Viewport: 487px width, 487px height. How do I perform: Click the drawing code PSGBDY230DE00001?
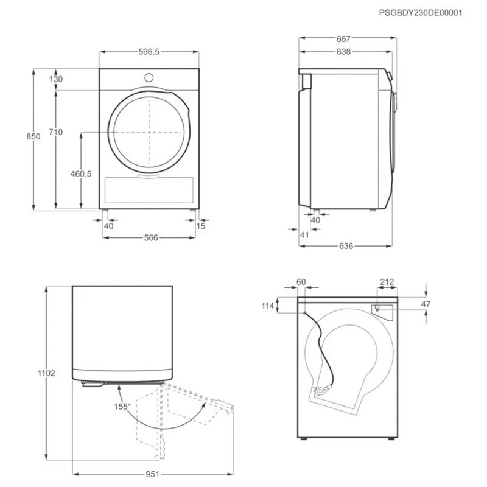(x=421, y=13)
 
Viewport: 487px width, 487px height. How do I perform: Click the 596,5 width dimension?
(x=149, y=52)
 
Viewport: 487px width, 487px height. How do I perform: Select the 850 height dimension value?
(x=33, y=136)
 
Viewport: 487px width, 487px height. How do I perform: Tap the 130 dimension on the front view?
(x=56, y=79)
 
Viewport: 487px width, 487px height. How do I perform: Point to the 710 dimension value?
(x=56, y=132)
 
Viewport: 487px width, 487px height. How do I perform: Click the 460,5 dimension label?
(x=81, y=174)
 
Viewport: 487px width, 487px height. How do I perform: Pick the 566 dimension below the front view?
(x=151, y=237)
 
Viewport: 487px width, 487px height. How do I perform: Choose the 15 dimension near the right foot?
(x=201, y=226)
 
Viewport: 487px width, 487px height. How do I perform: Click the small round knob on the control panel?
(x=149, y=78)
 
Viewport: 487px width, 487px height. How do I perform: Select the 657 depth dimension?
(x=343, y=39)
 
